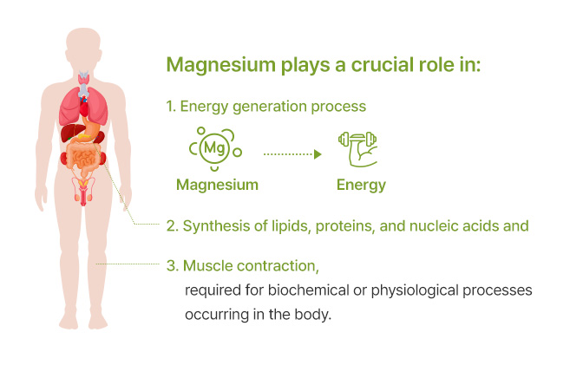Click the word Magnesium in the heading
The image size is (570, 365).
pos(221,65)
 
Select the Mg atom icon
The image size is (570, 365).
pos(215,148)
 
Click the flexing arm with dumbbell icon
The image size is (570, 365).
pos(358,149)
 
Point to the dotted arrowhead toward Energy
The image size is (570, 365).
pos(318,154)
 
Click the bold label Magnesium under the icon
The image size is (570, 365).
pos(217,185)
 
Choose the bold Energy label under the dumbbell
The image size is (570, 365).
pos(361,185)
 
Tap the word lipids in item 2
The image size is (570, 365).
pos(291,226)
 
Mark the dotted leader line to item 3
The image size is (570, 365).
pos(128,264)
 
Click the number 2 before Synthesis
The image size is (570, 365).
pos(171,226)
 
